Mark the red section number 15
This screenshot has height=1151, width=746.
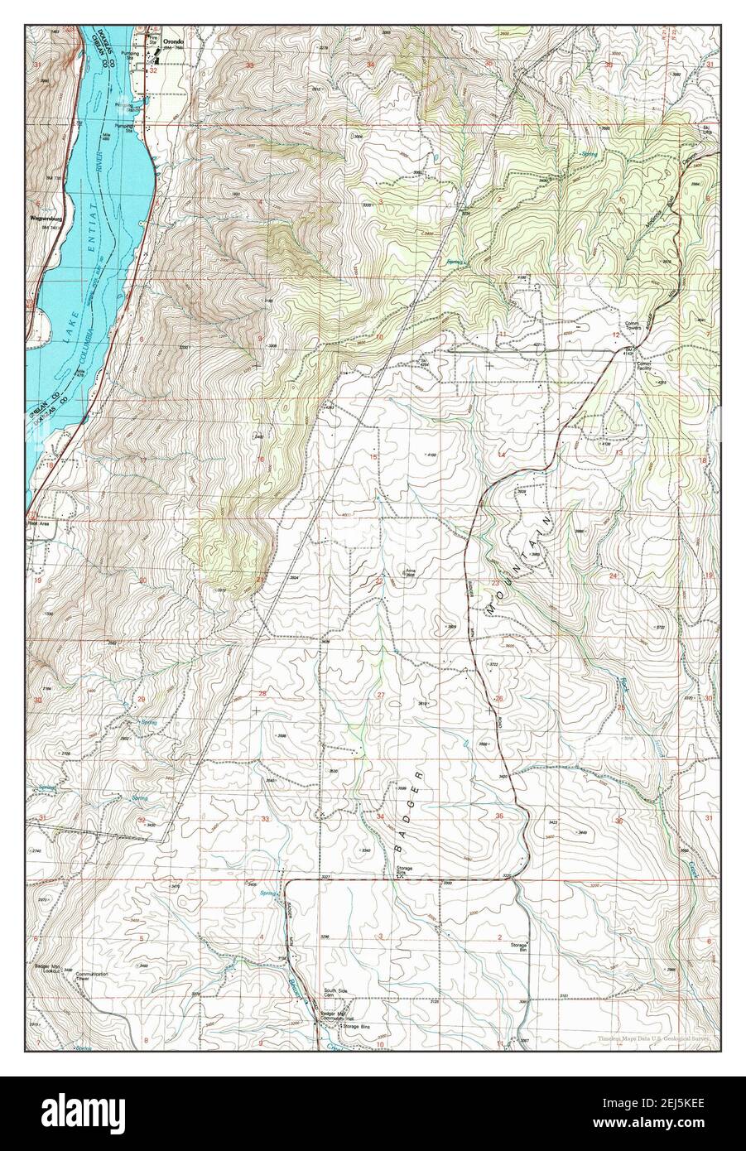tap(373, 456)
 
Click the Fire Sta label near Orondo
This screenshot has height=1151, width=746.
tap(152, 36)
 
